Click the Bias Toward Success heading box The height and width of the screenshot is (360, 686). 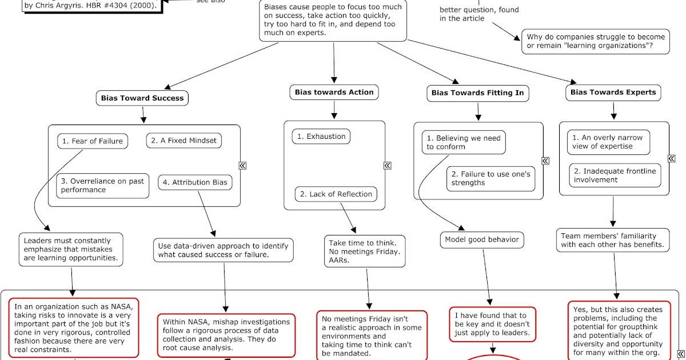(x=142, y=98)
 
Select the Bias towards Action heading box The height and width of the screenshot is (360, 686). (x=334, y=92)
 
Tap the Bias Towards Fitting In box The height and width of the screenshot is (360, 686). (x=477, y=93)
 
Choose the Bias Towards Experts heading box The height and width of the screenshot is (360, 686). (x=613, y=92)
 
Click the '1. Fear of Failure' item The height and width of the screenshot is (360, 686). (x=93, y=141)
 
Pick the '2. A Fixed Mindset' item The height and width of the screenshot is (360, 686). (x=184, y=141)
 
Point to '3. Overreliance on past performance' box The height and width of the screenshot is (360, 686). (x=103, y=185)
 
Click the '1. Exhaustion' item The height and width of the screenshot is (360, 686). (x=321, y=137)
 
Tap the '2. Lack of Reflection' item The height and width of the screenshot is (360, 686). (x=337, y=194)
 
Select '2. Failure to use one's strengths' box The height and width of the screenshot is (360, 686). (x=491, y=178)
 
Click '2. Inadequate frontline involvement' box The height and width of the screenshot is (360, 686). (x=615, y=175)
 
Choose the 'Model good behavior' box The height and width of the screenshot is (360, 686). (x=482, y=239)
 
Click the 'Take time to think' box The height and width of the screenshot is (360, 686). (x=365, y=251)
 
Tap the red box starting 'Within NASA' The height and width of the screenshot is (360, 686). (x=226, y=334)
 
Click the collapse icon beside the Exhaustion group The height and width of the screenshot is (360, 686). (x=388, y=166)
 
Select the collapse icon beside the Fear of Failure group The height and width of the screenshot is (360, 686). (x=242, y=166)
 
